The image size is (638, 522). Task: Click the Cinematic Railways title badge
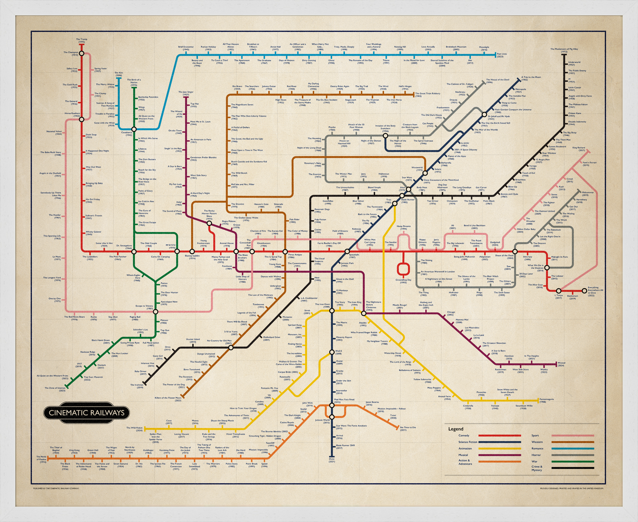pos(87,413)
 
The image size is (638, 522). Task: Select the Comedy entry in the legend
pos(464,436)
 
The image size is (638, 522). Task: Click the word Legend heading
pos(456,429)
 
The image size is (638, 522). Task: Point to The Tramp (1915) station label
pos(81,41)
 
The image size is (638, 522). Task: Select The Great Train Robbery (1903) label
pos(428,94)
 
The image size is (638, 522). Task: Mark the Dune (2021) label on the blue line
pos(332,460)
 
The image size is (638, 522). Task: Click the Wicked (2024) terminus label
pos(561,364)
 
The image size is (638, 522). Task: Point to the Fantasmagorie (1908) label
pos(548,401)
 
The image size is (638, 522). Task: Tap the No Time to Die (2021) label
pos(408,428)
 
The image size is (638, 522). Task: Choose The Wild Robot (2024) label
pos(134,428)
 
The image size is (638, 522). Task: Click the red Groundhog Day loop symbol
pos(403,269)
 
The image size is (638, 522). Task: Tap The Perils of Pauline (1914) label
pos(41,459)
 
